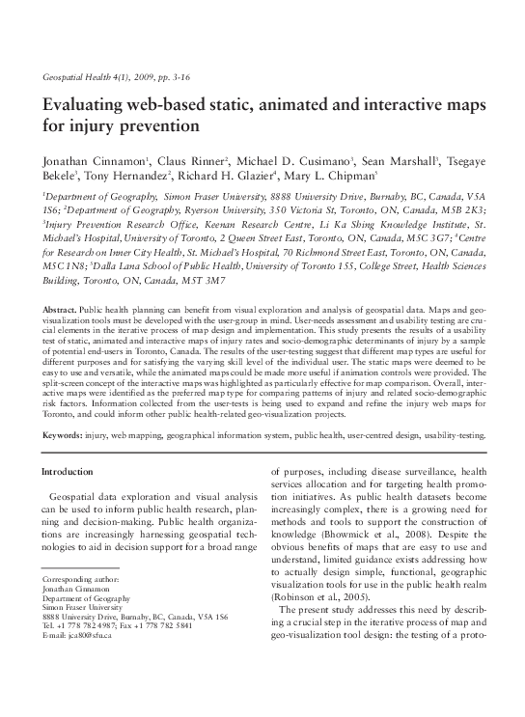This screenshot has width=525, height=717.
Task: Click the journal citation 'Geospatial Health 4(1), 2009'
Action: (95, 75)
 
